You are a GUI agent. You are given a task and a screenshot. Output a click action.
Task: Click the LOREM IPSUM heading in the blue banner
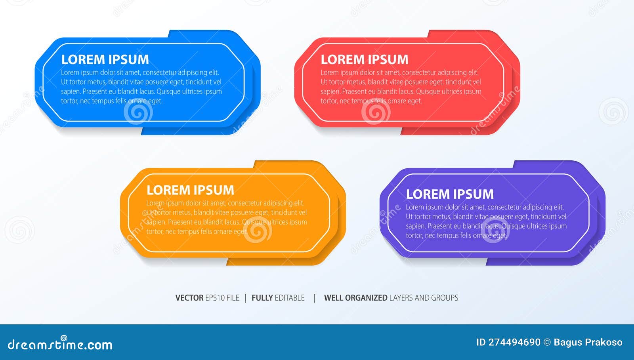[x=105, y=59]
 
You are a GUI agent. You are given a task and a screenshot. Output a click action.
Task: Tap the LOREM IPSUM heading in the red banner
[x=365, y=59]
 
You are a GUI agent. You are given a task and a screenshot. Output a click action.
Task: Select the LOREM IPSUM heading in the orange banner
[x=190, y=190]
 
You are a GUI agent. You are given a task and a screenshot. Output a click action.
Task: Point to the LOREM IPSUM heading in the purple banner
[x=450, y=194]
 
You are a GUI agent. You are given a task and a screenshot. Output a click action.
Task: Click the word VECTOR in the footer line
[x=189, y=298]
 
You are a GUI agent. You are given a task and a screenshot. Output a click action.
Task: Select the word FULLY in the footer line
[x=262, y=298]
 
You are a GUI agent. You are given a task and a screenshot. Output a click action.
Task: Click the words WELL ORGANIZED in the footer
[x=355, y=298]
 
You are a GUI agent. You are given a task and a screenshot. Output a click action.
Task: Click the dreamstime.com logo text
[x=60, y=344]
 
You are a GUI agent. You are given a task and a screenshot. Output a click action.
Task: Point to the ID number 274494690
[x=514, y=343]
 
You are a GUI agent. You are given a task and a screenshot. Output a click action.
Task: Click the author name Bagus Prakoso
[x=588, y=343]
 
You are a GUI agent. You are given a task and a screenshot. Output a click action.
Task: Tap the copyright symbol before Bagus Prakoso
[x=547, y=343]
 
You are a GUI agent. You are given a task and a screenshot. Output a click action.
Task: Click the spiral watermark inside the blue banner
[x=138, y=112]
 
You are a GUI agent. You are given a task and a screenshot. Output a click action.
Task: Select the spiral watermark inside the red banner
[x=375, y=112]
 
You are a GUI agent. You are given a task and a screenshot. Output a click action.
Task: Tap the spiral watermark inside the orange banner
[x=258, y=230]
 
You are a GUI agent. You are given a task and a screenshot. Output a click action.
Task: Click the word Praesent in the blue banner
[x=95, y=91]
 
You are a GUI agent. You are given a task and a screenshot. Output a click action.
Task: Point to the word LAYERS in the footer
[x=401, y=298]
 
